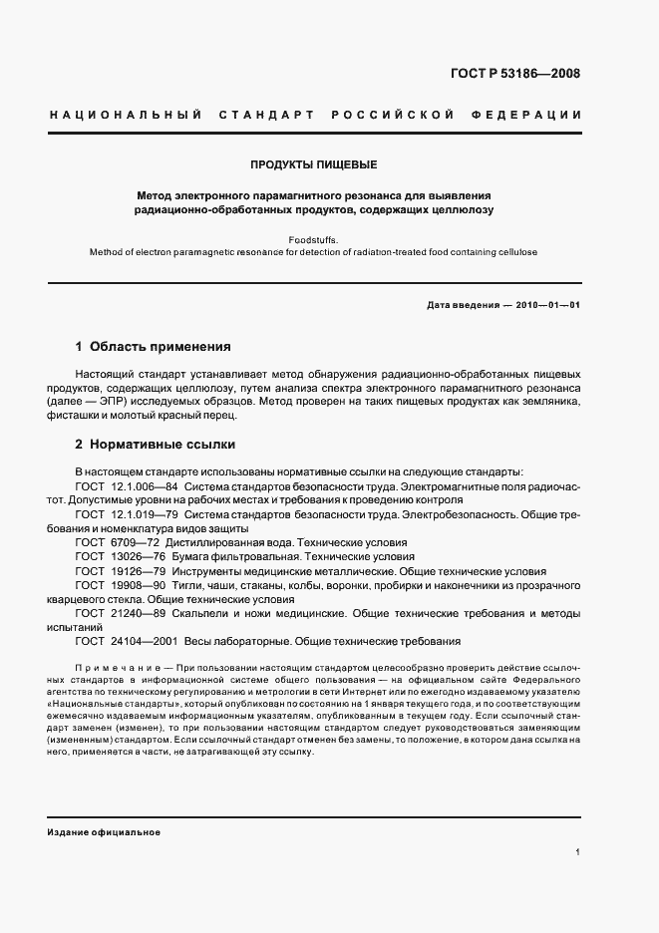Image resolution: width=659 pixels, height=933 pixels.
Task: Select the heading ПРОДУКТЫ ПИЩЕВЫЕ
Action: (x=314, y=164)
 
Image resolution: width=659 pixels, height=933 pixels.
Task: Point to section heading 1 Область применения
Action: (x=154, y=348)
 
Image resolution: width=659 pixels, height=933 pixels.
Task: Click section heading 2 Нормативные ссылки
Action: (x=156, y=445)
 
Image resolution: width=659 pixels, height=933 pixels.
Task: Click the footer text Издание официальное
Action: (x=103, y=831)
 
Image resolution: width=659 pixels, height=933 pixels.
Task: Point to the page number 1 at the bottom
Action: (x=578, y=852)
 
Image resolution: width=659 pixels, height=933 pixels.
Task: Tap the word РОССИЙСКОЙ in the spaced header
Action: (x=392, y=115)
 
